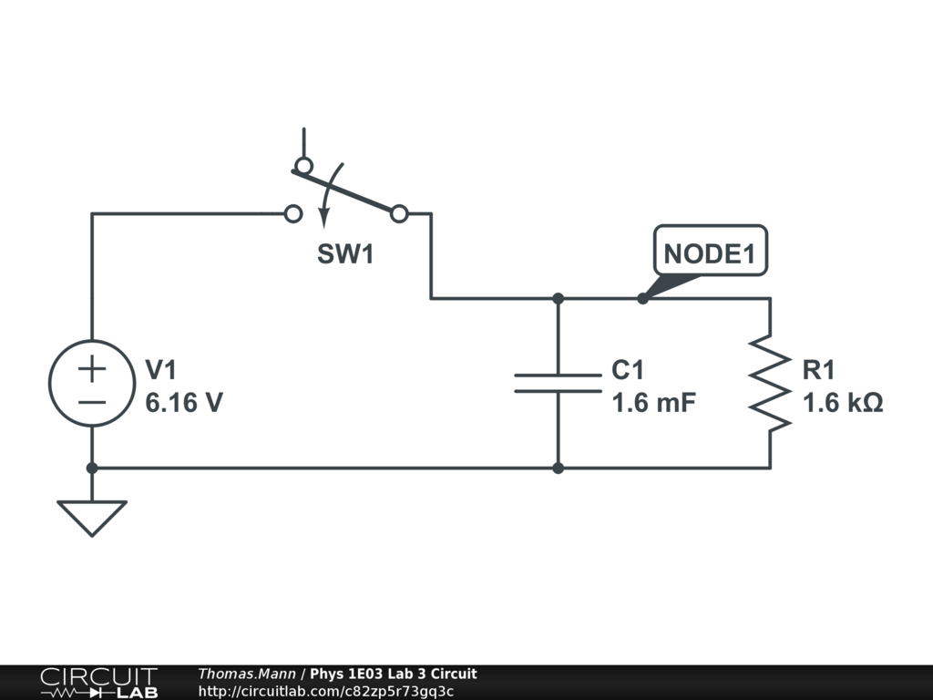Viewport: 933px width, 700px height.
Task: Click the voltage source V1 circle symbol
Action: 92,383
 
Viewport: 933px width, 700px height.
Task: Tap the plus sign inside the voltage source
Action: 92,368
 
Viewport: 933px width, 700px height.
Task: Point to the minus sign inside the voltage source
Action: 92,402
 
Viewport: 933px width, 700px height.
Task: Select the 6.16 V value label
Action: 184,402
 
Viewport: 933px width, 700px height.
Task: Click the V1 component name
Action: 161,369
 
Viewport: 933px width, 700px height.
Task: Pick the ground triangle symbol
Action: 92,517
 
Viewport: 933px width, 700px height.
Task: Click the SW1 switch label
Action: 345,254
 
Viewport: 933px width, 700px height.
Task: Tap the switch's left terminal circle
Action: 292,214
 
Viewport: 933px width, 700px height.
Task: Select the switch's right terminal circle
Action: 399,214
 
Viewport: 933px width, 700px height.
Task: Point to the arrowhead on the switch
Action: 323,216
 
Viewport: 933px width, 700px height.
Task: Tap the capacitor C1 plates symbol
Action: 558,383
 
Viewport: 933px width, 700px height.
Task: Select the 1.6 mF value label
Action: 654,402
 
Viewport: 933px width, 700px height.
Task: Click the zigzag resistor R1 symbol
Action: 770,383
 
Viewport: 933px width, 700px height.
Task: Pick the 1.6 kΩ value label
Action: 843,402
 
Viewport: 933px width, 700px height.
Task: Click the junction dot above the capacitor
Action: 558,298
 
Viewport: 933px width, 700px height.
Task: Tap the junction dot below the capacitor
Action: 558,468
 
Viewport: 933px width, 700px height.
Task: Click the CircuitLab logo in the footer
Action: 98,683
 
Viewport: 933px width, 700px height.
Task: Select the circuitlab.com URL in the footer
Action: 325,691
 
